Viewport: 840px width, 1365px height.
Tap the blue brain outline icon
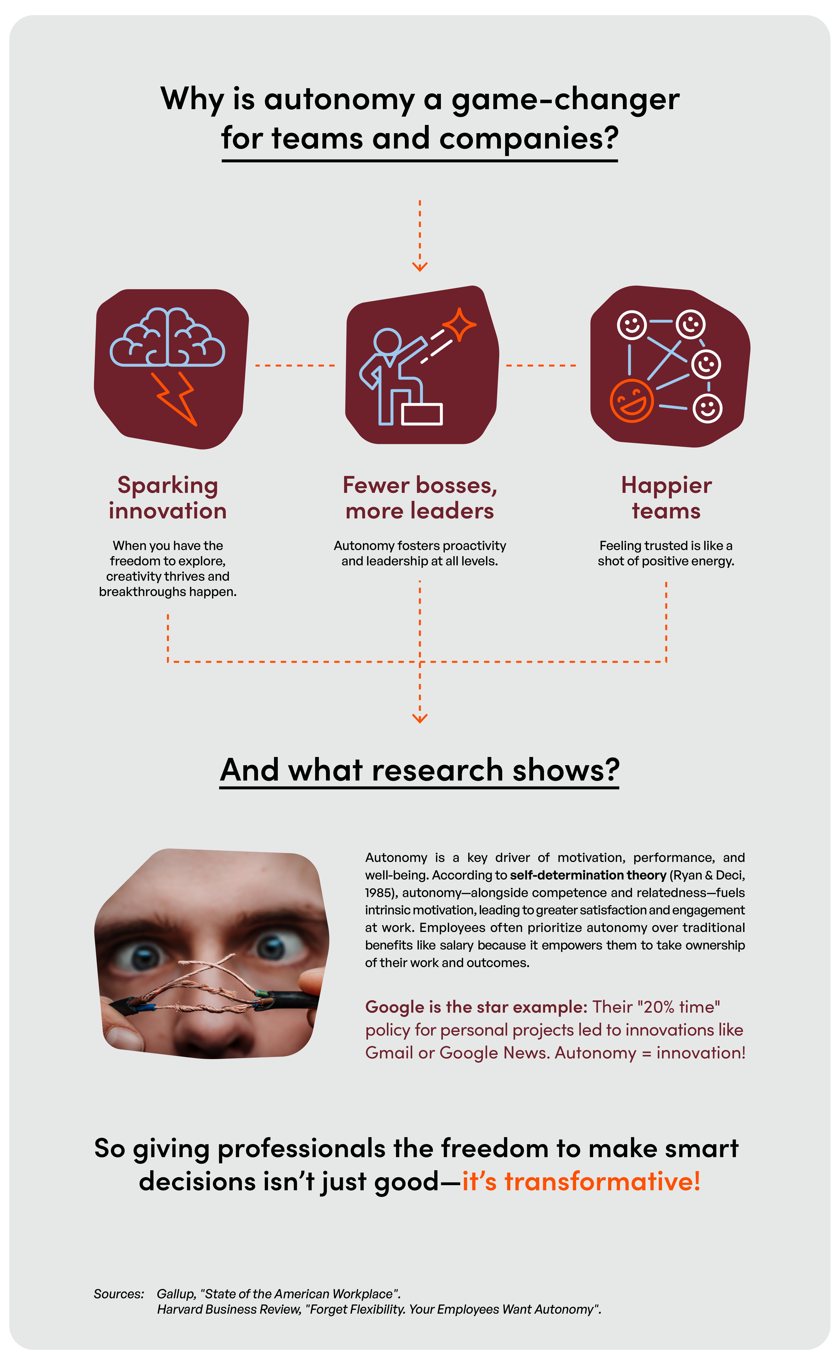pyautogui.click(x=167, y=337)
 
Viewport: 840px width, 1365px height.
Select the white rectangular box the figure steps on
pyautogui.click(x=422, y=414)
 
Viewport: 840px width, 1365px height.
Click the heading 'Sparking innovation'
pyautogui.click(x=168, y=498)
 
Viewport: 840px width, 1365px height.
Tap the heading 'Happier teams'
pyautogui.click(x=666, y=498)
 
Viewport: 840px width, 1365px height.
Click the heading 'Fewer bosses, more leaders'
pyautogui.click(x=420, y=498)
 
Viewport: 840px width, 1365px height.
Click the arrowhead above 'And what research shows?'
pyautogui.click(x=420, y=719)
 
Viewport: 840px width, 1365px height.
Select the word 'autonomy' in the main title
pyautogui.click(x=340, y=100)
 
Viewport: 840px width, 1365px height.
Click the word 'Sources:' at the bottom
pyautogui.click(x=119, y=1294)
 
